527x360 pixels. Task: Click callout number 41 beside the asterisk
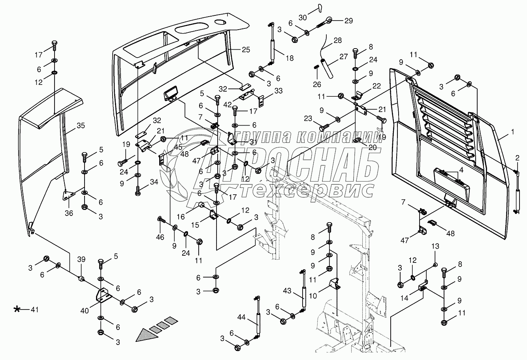[35, 309]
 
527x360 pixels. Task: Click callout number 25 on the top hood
[246, 50]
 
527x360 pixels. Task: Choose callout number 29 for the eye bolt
[348, 21]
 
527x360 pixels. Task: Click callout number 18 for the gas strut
[290, 58]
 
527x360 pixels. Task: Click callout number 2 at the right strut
[517, 158]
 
